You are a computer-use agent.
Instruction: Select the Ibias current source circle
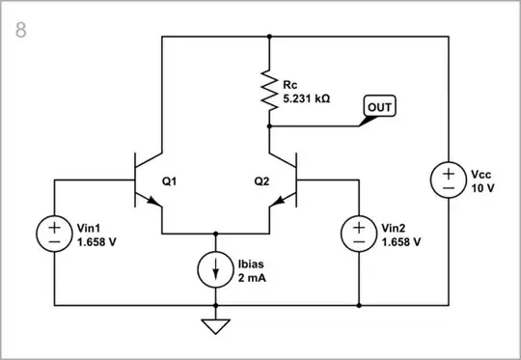point(214,268)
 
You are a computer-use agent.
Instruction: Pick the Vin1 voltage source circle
point(54,234)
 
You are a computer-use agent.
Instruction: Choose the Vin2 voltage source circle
point(359,234)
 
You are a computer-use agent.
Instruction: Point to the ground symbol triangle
point(214,327)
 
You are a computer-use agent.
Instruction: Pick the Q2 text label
point(261,180)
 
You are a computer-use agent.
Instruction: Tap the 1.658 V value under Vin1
point(96,241)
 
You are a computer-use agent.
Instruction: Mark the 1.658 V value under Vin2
point(401,241)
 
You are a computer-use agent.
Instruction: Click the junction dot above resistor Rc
point(269,37)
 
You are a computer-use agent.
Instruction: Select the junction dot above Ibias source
point(214,234)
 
